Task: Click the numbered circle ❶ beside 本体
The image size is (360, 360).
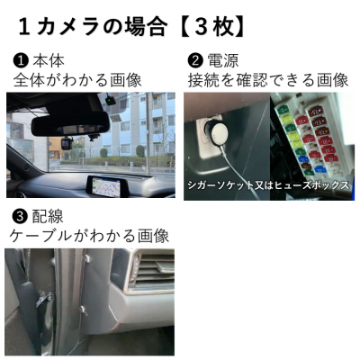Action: click(x=20, y=61)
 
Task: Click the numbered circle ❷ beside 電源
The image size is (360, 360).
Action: click(x=195, y=61)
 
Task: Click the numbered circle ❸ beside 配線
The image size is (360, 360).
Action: click(x=19, y=217)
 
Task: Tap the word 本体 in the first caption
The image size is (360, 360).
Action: click(x=48, y=61)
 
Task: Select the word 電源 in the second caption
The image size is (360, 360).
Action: click(x=223, y=61)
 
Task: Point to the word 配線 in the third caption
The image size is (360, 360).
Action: click(x=48, y=217)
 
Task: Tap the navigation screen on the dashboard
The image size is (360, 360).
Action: click(x=106, y=185)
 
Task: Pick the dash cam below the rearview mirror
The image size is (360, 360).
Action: click(x=67, y=144)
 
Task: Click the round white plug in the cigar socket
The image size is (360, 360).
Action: click(x=219, y=133)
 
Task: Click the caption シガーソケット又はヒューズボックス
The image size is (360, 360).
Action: click(x=268, y=184)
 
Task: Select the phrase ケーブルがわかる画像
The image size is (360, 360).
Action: click(x=89, y=236)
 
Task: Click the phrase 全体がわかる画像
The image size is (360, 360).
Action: click(x=77, y=80)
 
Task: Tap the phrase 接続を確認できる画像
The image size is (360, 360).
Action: click(x=268, y=80)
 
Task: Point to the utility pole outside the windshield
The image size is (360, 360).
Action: click(x=148, y=132)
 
